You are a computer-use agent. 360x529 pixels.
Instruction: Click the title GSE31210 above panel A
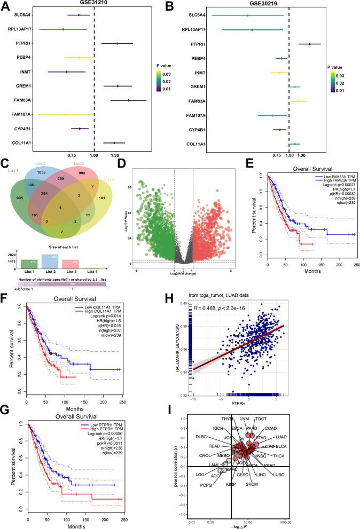click(x=93, y=3)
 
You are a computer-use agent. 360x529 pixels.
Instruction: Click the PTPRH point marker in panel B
click(x=309, y=44)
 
